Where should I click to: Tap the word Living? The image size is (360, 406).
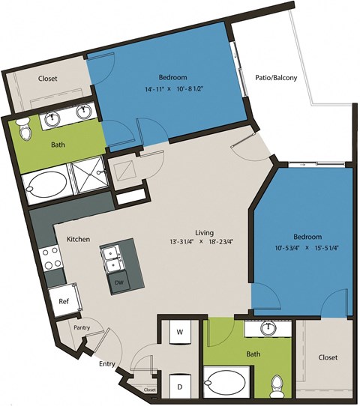(201, 232)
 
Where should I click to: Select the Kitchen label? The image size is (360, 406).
(78, 239)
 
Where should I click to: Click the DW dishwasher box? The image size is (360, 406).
(119, 282)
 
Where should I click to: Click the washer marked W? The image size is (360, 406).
(180, 331)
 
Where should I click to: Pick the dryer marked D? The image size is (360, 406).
(180, 387)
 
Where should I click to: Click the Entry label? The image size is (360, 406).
(106, 363)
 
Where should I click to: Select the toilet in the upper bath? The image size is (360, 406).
(25, 128)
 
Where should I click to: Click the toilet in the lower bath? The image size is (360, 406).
(276, 384)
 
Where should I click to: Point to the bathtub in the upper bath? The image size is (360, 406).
(44, 183)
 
